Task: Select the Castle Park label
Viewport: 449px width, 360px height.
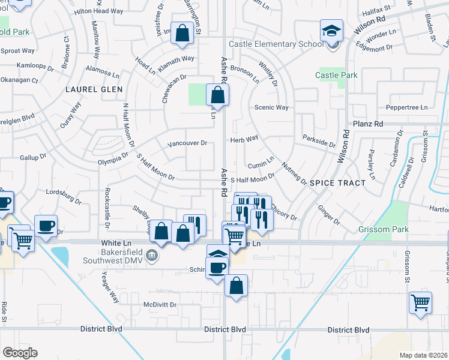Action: [337, 75]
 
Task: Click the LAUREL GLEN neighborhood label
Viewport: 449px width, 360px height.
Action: [94, 89]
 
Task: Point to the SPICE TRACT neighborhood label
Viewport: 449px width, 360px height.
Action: [338, 182]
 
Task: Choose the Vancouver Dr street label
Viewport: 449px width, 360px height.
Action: [187, 143]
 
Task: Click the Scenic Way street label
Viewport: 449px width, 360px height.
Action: [272, 107]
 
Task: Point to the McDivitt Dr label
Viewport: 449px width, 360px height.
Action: [160, 304]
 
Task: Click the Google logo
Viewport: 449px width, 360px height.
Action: [20, 352]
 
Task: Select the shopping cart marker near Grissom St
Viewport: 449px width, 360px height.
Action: [420, 302]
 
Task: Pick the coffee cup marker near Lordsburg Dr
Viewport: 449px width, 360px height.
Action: [46, 226]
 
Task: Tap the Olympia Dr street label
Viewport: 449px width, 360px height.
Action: [113, 158]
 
